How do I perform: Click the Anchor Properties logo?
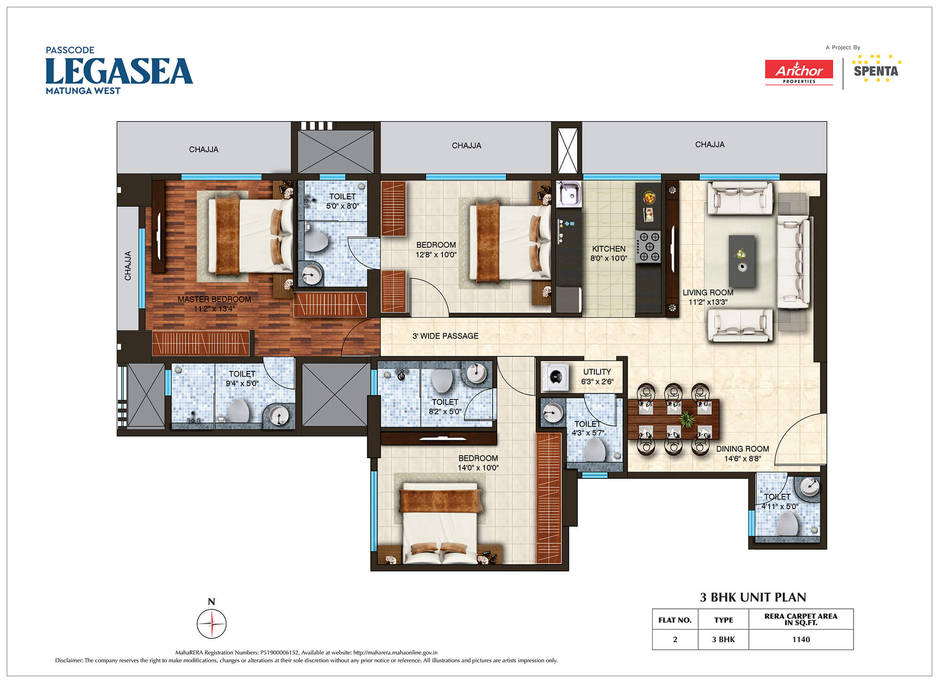(799, 72)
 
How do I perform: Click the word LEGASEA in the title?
(119, 71)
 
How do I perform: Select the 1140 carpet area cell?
(801, 639)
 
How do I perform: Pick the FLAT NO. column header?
(675, 620)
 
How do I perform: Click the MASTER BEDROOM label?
(214, 299)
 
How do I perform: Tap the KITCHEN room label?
(608, 249)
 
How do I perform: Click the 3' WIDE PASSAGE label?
(446, 336)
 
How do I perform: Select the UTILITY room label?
(597, 372)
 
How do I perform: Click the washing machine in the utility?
(555, 376)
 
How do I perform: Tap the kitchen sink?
(569, 194)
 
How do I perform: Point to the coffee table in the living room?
(742, 261)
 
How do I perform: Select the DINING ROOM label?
(742, 449)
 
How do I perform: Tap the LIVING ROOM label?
(708, 292)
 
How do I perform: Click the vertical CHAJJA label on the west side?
(128, 266)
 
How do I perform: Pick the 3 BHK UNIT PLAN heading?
(753, 597)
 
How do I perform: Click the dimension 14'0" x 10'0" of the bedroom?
(478, 468)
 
